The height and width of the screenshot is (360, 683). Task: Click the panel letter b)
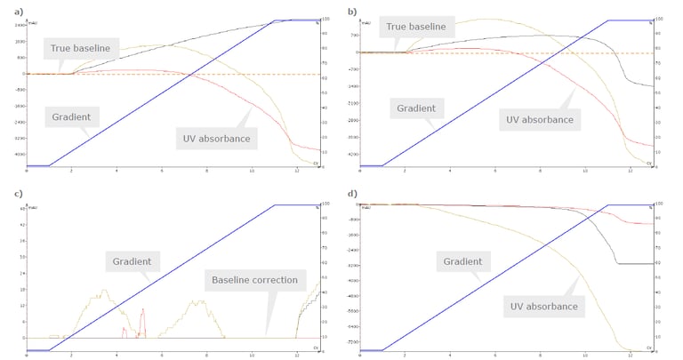point(352,12)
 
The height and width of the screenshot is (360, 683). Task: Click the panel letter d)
point(352,194)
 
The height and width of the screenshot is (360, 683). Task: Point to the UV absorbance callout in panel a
point(211,138)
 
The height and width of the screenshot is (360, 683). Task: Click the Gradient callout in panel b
point(414,108)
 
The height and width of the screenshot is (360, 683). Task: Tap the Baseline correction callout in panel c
point(254,280)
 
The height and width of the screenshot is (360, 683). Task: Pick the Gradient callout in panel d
point(462,261)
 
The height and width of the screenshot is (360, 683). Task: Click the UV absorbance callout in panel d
point(544,307)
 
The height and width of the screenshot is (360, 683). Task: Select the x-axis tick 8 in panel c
point(206,354)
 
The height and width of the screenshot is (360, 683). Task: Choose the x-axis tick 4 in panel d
point(450,354)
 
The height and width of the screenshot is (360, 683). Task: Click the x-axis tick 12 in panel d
point(631,354)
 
